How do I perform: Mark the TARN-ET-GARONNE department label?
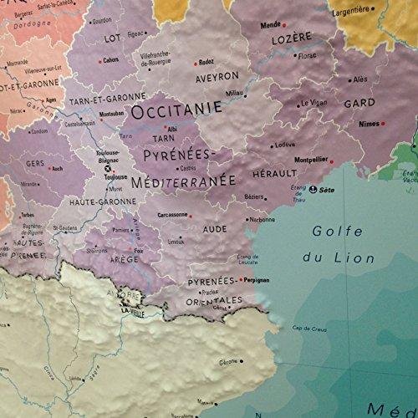(115, 98)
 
